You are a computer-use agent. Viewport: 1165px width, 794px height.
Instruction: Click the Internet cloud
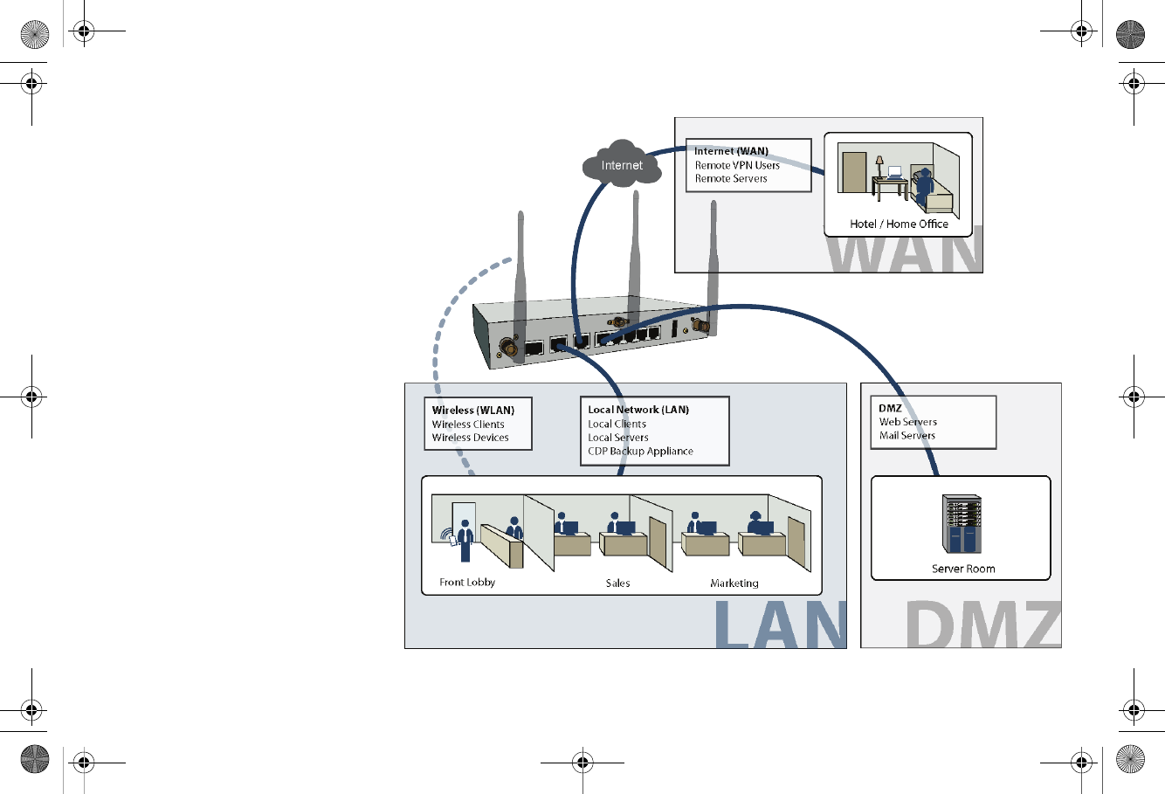tap(621, 163)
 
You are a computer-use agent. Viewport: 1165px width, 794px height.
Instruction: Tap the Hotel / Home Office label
tap(899, 224)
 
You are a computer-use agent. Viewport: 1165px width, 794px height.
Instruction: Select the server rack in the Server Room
tap(962, 524)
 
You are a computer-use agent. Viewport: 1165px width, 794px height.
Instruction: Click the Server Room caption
tap(962, 569)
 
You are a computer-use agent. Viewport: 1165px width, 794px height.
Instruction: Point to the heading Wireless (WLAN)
tap(472, 410)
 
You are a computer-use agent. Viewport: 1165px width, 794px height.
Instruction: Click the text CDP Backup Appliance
tap(640, 451)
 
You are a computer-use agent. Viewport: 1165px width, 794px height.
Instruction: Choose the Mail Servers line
tap(906, 435)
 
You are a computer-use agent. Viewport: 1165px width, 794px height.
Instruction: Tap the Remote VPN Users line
tap(737, 165)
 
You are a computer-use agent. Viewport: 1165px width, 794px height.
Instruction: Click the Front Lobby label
tap(467, 582)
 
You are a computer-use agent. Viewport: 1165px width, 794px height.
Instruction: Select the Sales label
tap(617, 583)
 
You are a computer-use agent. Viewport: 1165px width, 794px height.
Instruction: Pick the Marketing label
tap(734, 583)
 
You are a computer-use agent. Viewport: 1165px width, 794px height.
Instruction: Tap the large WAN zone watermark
tap(904, 252)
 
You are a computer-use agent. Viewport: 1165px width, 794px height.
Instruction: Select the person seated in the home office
tap(923, 186)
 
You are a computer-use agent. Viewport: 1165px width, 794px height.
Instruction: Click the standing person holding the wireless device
tap(465, 539)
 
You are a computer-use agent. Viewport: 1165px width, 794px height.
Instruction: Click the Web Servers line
tap(907, 422)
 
